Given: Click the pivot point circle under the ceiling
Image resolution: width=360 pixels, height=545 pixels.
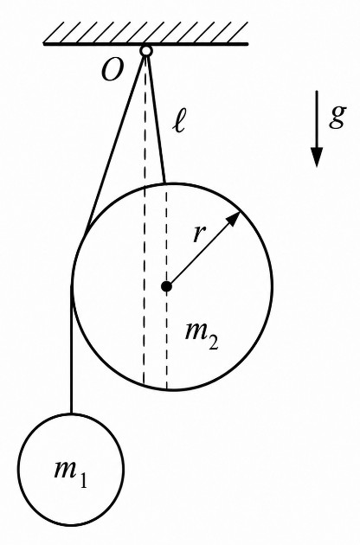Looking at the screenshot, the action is tap(146, 51).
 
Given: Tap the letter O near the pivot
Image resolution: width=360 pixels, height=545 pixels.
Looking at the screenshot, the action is tap(112, 71).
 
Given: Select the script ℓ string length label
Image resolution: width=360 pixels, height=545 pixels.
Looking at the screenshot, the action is tap(179, 122).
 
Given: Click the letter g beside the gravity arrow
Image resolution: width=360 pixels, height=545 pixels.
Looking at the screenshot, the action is tap(337, 117).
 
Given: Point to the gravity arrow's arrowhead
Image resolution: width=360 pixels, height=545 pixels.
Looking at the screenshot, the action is tap(317, 157).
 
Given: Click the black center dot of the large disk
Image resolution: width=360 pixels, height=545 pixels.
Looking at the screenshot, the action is tap(167, 286).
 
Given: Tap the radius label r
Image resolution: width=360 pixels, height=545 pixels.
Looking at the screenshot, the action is tap(199, 234).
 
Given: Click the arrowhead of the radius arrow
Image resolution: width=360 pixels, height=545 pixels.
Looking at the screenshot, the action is tap(234, 219).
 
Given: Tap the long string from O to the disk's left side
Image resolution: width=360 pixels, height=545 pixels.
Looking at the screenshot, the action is tap(116, 140).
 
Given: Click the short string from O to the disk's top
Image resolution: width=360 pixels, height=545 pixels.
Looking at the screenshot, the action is tap(156, 119).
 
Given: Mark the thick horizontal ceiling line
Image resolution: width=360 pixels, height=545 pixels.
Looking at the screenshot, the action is tap(145, 44).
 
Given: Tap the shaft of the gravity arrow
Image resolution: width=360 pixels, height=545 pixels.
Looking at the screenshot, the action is tap(317, 120).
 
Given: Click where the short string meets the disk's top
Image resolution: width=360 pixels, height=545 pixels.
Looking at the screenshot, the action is tap(165, 183).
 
